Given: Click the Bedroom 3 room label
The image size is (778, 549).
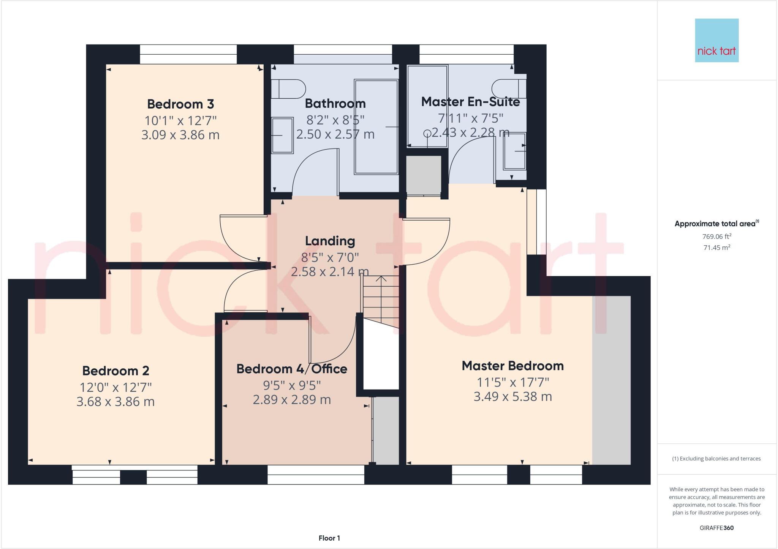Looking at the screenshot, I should (x=180, y=104).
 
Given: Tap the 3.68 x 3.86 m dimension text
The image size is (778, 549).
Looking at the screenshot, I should (x=115, y=402).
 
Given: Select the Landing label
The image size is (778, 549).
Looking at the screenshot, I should (x=330, y=241).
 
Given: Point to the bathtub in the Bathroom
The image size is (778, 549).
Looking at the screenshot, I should (x=376, y=127).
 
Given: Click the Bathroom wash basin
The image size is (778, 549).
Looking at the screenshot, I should (x=283, y=135).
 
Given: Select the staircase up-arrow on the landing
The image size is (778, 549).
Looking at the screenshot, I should (x=381, y=279).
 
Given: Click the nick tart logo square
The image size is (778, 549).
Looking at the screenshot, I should (x=716, y=40).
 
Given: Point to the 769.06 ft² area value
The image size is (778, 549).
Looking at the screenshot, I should (x=716, y=237).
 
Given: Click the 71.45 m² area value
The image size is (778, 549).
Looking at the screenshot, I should (x=716, y=248).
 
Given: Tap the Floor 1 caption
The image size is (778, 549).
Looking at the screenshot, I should (x=329, y=538).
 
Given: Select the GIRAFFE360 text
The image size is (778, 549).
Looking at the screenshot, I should (x=716, y=528).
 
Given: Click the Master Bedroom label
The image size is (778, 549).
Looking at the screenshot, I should (x=512, y=366).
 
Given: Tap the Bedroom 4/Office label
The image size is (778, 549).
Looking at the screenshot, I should (x=292, y=369).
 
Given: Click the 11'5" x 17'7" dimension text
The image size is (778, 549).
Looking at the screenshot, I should (x=512, y=382).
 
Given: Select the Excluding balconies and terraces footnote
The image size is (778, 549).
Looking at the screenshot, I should (x=716, y=459).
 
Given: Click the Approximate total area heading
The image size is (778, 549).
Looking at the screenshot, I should (x=716, y=224).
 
